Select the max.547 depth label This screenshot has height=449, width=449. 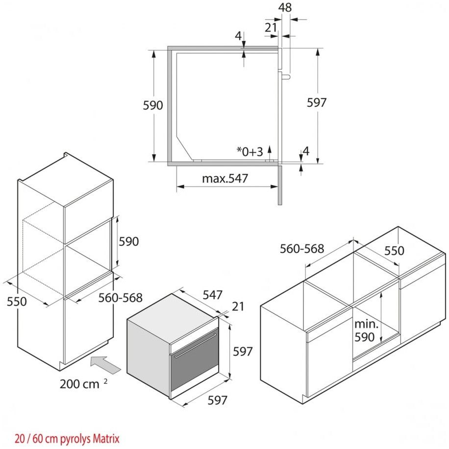pos(225,179)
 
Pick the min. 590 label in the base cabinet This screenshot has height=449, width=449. pos(365,331)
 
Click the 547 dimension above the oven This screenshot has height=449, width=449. pos(212,295)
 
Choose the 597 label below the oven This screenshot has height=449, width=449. pos(217,400)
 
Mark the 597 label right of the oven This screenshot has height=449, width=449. pos(243,351)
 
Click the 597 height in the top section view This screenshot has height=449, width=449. pos(317,102)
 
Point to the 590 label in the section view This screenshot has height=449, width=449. pos(153,105)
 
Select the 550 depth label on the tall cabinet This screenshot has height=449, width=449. pos(17,302)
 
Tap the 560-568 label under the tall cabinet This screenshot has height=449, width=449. pos(120,297)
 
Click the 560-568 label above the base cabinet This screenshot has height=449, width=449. pos(302,249)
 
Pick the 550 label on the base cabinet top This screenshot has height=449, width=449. pos(394,251)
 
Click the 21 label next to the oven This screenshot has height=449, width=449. pos(238,307)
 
